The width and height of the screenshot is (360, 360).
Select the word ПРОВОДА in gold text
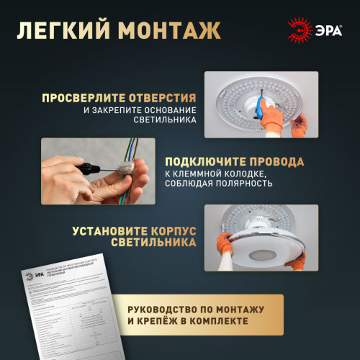[x=278, y=161]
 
